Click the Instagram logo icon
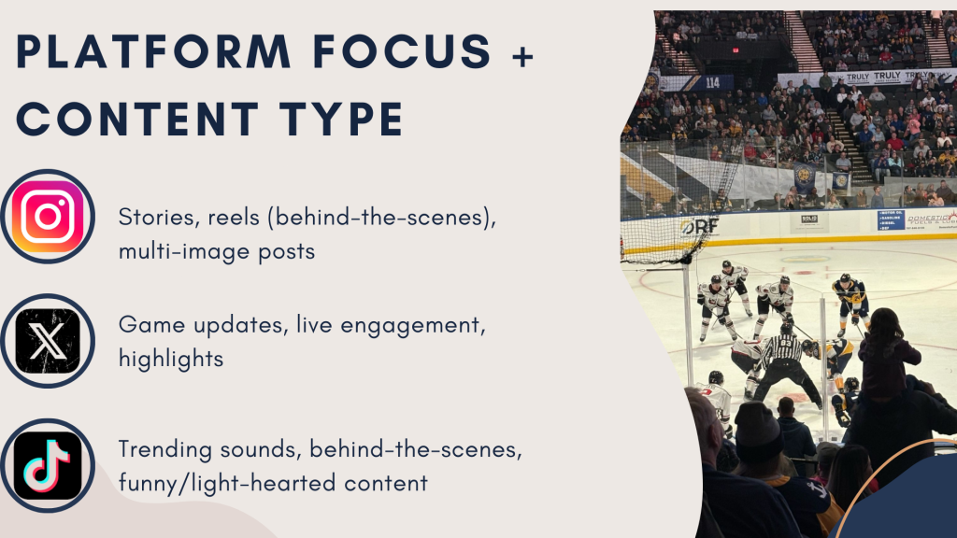48,216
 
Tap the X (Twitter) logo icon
48,341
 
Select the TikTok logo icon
48,465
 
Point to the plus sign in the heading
522,56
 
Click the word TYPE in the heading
341,119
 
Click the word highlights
171,358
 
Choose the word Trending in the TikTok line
164,449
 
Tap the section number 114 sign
712,82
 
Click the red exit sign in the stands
736,50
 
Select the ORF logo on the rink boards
699,227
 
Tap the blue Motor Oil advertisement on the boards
891,219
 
